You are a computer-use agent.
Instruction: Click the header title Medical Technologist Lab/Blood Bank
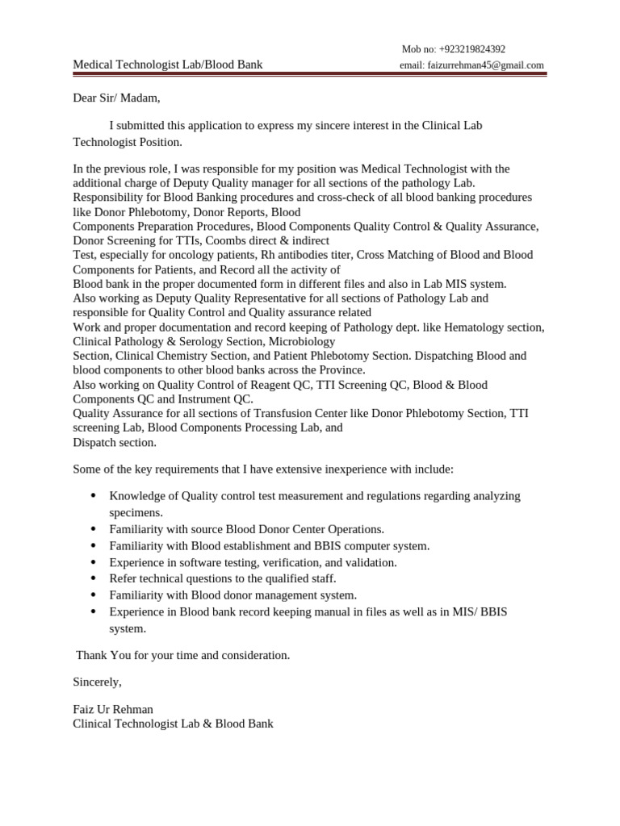167,65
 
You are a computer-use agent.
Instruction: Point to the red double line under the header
310,75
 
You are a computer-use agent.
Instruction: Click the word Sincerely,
97,682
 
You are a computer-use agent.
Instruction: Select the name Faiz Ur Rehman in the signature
113,710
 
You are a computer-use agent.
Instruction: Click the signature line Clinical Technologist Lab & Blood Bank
173,724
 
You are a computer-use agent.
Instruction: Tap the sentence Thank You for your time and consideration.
182,655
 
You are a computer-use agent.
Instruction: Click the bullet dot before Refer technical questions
94,578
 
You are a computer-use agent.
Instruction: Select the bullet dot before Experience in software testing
94,562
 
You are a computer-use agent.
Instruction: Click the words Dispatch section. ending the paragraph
115,442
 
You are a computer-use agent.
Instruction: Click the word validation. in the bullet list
371,562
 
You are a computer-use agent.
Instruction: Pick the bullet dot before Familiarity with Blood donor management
94,595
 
